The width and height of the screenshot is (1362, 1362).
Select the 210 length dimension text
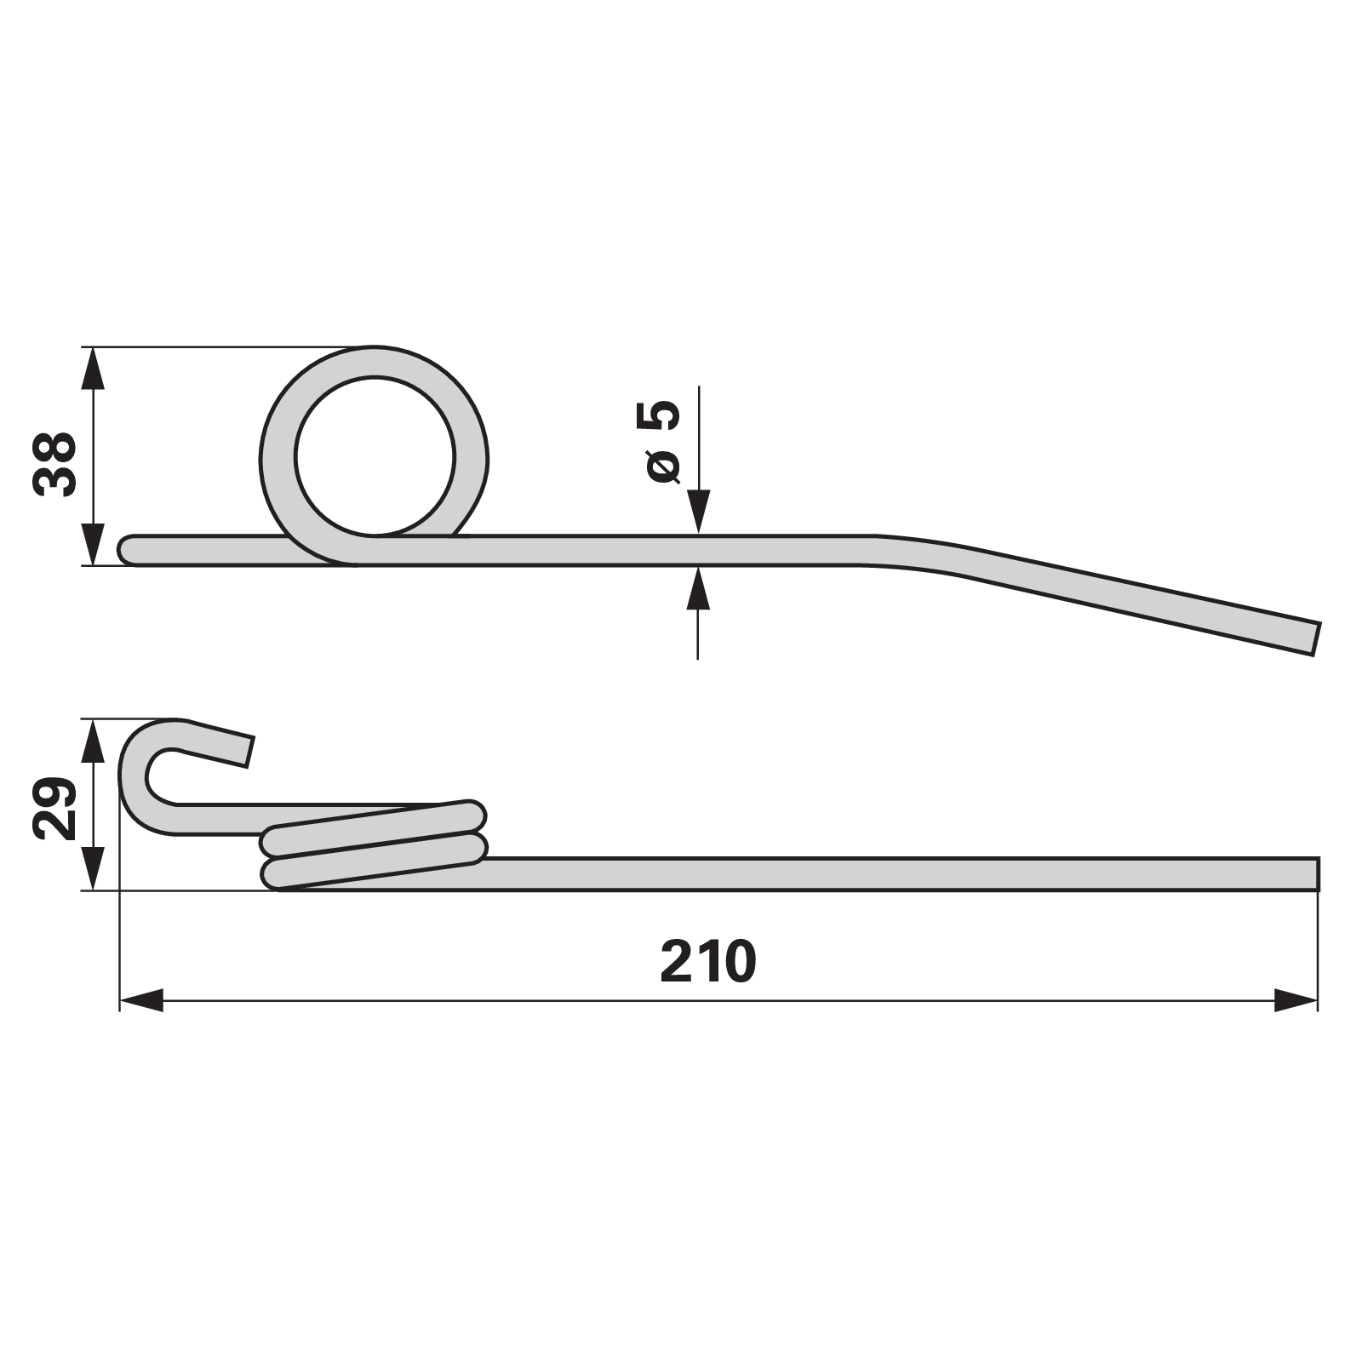tap(708, 962)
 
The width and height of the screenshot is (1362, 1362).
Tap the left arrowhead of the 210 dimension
tap(140, 1000)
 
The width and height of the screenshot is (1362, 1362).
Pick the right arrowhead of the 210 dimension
tap(1296, 1000)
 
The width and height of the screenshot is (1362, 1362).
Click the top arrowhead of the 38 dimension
tap(94, 369)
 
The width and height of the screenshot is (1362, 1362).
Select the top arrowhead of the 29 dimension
tap(94, 741)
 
